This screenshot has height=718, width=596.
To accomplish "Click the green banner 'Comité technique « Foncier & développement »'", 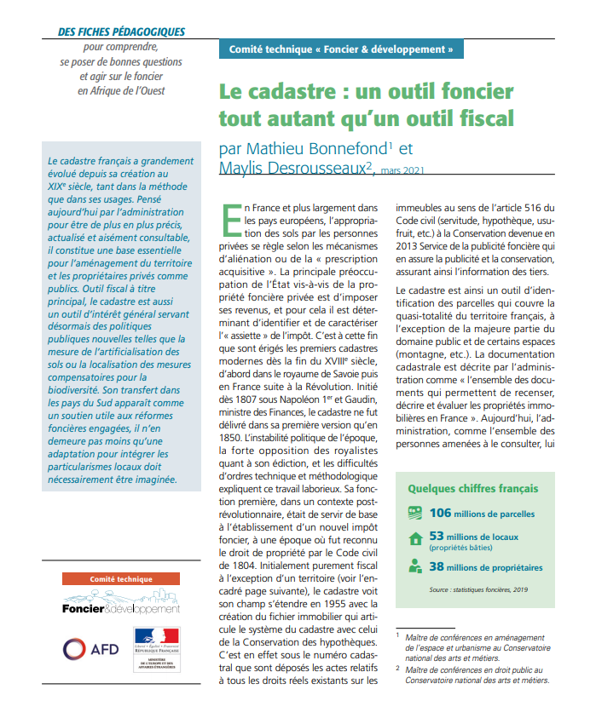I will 341,49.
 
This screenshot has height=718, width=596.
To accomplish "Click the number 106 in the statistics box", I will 440,513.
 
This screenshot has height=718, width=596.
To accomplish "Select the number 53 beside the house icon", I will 437,536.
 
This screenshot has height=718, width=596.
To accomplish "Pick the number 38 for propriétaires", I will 437,566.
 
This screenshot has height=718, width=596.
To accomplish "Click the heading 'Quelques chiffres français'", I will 472,489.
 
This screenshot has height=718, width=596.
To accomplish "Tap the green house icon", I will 415,538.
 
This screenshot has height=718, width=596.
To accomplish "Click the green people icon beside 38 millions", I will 415,567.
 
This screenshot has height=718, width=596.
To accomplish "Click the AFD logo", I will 91,649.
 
